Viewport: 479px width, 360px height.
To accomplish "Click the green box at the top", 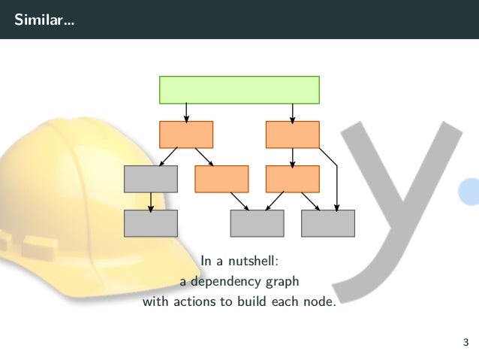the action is point(239,89).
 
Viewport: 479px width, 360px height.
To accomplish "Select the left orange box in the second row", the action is point(186,135).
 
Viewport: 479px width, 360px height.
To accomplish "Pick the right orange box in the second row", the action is point(293,135).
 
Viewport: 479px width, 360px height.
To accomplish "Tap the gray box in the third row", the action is point(151,179).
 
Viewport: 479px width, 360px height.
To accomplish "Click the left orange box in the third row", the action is point(221,179).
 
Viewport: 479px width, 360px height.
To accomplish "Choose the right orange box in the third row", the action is point(293,179).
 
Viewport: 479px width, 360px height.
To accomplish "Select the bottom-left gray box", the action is point(151,223).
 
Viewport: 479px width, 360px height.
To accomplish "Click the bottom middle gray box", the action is point(257,223).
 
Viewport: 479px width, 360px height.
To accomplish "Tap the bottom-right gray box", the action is point(328,223).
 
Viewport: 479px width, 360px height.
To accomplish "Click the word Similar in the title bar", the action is point(37,19).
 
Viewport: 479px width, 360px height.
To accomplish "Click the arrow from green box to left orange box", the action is point(186,112).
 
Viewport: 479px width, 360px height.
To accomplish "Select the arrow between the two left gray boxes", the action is point(151,201).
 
